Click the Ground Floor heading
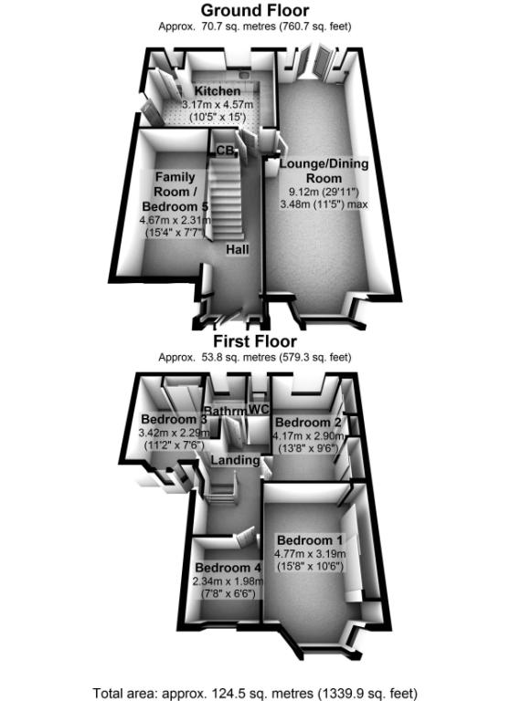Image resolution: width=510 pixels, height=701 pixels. pyautogui.click(x=255, y=10)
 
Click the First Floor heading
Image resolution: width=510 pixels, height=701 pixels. pyautogui.click(x=255, y=341)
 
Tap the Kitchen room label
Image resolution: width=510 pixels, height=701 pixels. pyautogui.click(x=218, y=90)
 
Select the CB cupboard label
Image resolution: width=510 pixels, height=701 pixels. pyautogui.click(x=225, y=151)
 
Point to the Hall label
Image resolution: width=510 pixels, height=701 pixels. pyautogui.click(x=238, y=249)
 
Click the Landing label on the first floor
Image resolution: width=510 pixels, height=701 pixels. pyautogui.click(x=235, y=460)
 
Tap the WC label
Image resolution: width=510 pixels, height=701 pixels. pyautogui.click(x=259, y=409)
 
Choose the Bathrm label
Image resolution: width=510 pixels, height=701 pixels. pyautogui.click(x=225, y=411)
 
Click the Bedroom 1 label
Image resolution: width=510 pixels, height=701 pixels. pyautogui.click(x=310, y=540)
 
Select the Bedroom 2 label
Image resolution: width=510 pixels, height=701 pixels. pyautogui.click(x=308, y=423)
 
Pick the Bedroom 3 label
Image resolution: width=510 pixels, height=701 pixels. pyautogui.click(x=175, y=419)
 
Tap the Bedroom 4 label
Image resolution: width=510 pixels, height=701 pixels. pyautogui.click(x=228, y=568)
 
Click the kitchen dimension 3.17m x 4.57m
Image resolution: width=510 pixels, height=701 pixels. pyautogui.click(x=218, y=105)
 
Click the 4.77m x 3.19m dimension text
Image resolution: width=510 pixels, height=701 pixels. pyautogui.click(x=310, y=554)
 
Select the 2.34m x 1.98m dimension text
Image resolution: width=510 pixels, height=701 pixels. pyautogui.click(x=228, y=581)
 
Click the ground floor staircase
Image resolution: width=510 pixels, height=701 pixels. pyautogui.click(x=226, y=199)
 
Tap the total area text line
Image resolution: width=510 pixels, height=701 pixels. pyautogui.click(x=255, y=694)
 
